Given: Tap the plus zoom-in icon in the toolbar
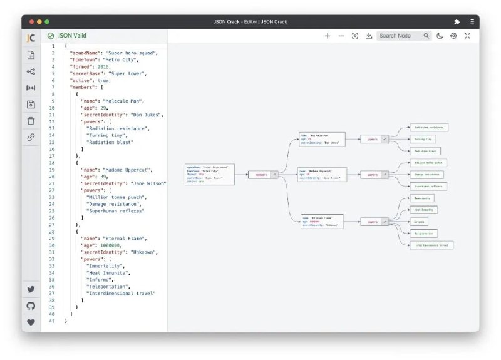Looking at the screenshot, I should point(328,36).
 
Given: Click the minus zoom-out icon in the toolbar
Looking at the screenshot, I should point(341,36).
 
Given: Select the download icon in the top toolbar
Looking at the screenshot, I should point(369,36).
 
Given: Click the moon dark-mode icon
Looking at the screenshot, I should point(440,36).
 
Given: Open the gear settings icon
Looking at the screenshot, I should point(453,36).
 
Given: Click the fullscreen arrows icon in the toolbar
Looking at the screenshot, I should point(467,36).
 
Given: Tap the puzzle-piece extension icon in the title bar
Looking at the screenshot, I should point(457,21).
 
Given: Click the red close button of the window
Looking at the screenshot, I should point(29,21).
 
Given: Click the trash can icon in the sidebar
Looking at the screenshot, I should point(31,120).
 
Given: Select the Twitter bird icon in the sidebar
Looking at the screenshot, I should point(31,290).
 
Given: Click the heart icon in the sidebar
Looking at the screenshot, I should point(31,322).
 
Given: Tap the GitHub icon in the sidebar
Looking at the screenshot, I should point(31,306).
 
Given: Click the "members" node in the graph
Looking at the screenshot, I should point(259,175).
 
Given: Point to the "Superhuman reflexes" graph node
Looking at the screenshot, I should point(428,187).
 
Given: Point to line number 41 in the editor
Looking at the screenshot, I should point(52,321).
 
